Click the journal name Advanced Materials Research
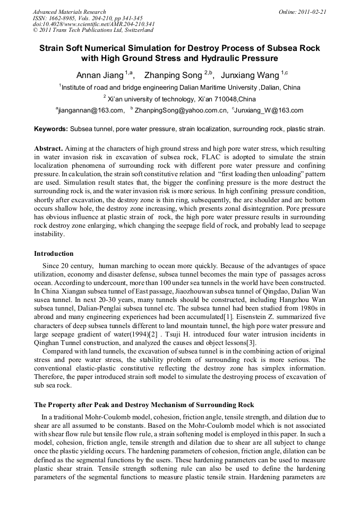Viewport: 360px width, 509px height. pos(69,12)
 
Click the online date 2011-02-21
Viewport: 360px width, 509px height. pos(312,12)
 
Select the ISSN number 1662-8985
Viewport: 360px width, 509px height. pos(66,18)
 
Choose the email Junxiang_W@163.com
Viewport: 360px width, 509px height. pos(269,110)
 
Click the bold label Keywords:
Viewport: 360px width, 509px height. pos(51,129)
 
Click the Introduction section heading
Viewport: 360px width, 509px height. pos(54,253)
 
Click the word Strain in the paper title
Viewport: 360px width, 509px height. pos(53,48)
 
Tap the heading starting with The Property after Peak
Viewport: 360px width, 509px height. pos(144,405)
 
